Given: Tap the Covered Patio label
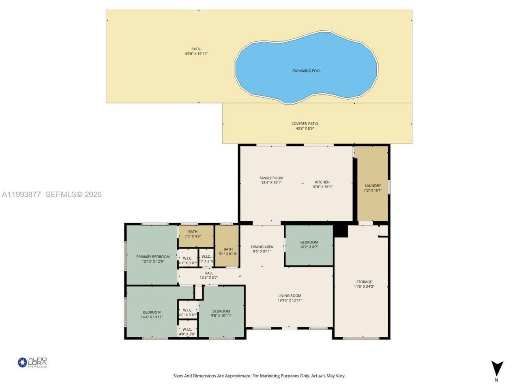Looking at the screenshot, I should click(305, 124).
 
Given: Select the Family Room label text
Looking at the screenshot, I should click(271, 178).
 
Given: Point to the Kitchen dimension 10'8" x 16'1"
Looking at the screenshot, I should click(322, 187).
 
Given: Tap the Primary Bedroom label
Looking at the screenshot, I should click(153, 257).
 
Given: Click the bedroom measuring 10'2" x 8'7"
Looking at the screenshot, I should click(309, 245).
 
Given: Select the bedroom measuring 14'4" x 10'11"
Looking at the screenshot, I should click(152, 314).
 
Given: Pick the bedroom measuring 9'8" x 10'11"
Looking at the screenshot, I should click(221, 314).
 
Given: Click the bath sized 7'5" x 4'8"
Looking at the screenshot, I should click(193, 234).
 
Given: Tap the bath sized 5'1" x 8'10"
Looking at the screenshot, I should click(228, 252).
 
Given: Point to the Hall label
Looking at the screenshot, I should click(209, 273).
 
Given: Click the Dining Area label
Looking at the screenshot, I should click(262, 247).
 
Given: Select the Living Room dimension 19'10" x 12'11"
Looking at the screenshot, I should click(290, 300).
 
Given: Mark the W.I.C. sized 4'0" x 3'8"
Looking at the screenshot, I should click(187, 332).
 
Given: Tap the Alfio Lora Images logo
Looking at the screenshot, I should click(32, 362).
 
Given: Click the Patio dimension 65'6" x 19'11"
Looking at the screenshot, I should click(196, 53).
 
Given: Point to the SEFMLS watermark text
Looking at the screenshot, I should click(73, 194).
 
